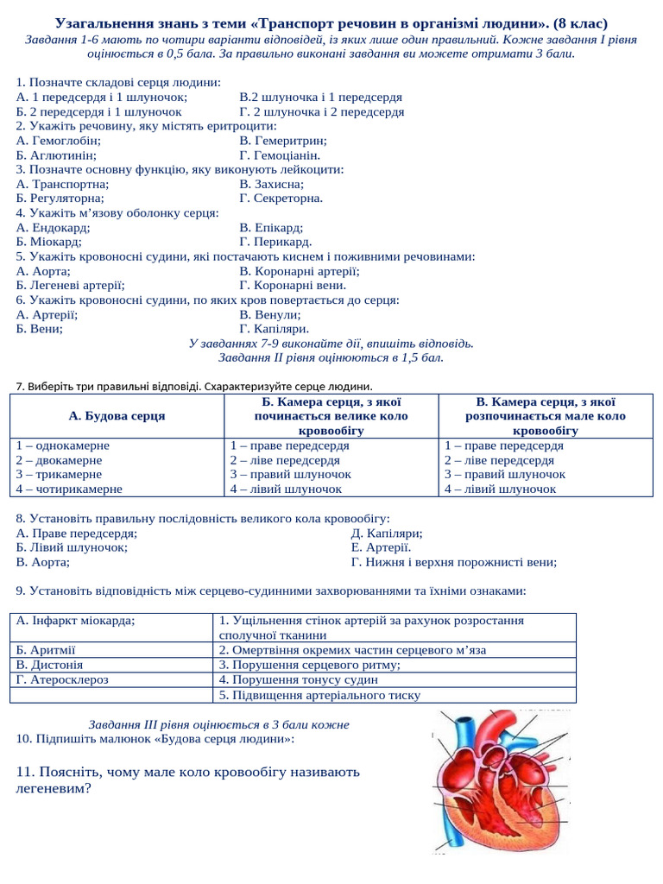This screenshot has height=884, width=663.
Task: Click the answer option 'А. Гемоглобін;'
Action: (59, 140)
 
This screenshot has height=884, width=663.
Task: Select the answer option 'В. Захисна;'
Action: (271, 184)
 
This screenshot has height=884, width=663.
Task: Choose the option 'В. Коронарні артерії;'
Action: (300, 271)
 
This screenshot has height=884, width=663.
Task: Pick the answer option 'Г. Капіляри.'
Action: (274, 329)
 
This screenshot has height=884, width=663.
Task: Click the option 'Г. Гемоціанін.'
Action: (280, 155)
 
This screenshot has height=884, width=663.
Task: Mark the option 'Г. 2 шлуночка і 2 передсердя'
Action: (321, 111)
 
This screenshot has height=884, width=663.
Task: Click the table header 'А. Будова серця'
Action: (117, 416)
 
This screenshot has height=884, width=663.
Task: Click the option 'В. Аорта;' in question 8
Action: (43, 562)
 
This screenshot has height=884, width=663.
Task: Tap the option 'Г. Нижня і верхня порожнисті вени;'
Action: (454, 562)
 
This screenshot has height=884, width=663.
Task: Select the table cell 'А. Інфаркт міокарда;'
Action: (76, 621)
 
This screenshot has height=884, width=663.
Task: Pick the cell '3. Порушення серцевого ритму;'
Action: (309, 666)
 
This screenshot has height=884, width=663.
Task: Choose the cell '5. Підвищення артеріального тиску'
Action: (319, 695)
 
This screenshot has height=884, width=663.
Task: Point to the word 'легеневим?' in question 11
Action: (54, 788)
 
